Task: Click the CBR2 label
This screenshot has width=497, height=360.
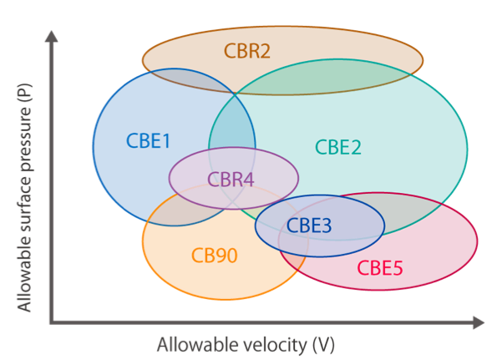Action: pos(247,51)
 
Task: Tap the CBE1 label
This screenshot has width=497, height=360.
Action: pos(148,140)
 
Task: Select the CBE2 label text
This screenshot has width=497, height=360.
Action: pos(338,147)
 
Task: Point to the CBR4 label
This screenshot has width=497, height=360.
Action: pos(231,180)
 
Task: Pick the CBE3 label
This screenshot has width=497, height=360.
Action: pos(309,226)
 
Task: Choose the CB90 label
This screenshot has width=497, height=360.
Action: pos(215,256)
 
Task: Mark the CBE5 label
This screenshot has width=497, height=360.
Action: pos(380,268)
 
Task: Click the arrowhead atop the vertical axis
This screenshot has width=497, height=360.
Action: pos(51,36)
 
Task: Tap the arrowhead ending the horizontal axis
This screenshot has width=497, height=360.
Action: pos(479,322)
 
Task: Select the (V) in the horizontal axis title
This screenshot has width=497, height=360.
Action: pos(323,345)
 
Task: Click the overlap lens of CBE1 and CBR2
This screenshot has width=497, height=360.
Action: pos(190,80)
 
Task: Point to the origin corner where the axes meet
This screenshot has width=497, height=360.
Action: pos(52,322)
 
